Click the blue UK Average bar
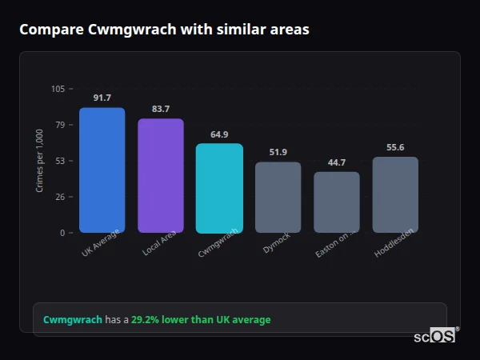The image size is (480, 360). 102,170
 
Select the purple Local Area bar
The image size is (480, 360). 161,176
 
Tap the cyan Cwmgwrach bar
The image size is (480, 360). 219,188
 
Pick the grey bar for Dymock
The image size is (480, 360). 278,198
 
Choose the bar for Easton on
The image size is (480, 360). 337,202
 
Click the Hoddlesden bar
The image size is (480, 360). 395,194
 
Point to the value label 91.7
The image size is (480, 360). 102,98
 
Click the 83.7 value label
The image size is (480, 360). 161,109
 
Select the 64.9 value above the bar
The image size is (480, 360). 219,134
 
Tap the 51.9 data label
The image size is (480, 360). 278,152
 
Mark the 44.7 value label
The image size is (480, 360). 337,162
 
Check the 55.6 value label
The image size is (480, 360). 395,147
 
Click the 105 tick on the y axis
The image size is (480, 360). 58,89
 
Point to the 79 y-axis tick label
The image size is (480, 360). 60,125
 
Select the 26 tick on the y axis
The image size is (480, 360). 60,197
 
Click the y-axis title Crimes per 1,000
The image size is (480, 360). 39,161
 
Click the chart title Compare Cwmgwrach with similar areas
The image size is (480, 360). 164,30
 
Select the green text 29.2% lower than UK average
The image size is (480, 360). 201,320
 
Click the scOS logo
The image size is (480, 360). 435,336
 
